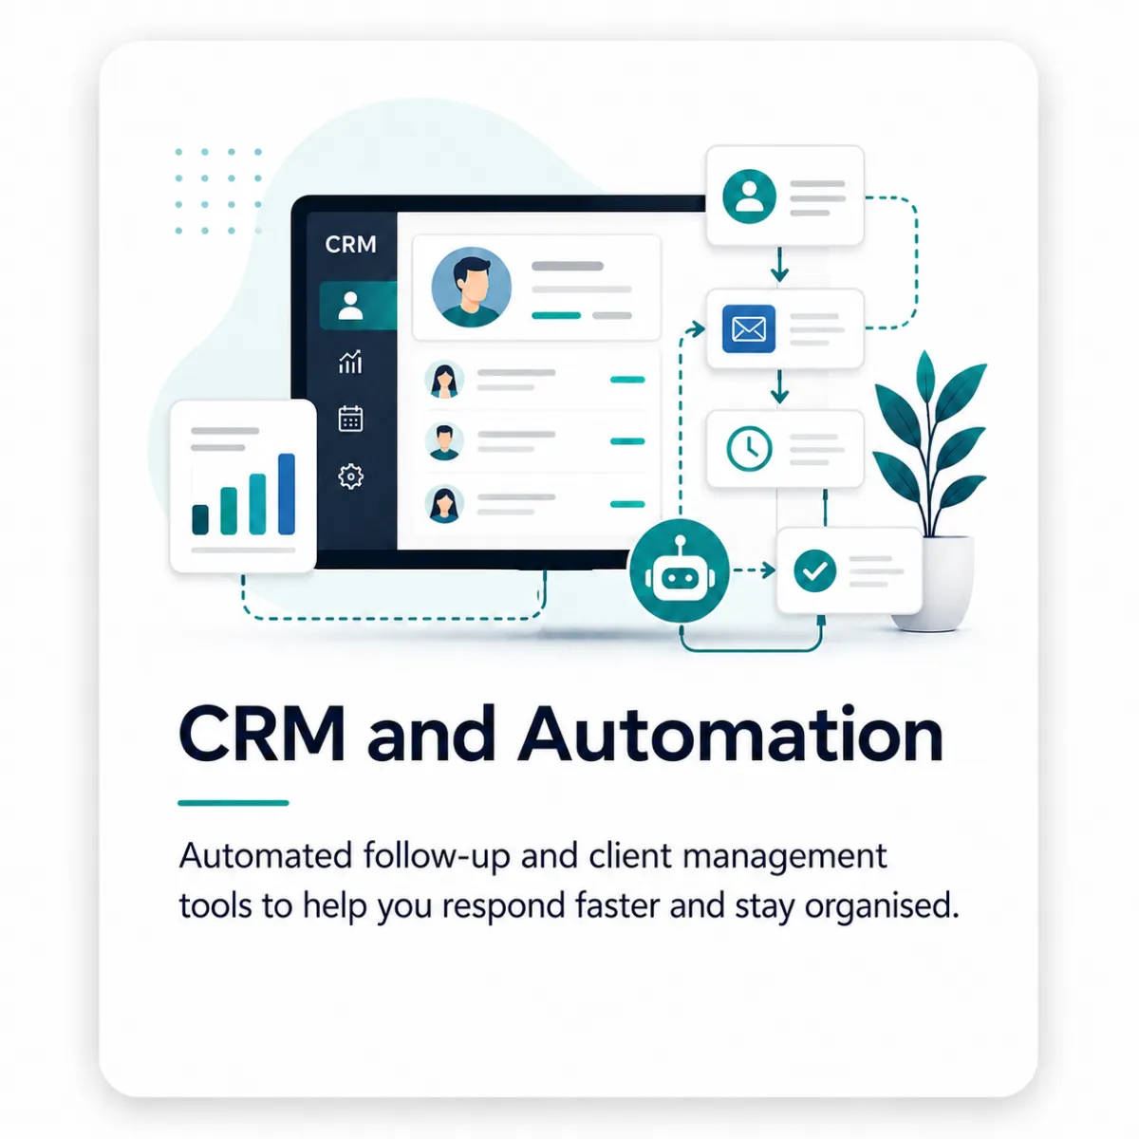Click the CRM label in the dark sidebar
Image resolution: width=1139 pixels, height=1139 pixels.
pyautogui.click(x=350, y=244)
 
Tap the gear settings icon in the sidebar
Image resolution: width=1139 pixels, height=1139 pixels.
pyautogui.click(x=350, y=476)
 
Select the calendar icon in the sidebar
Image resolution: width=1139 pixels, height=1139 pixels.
pyautogui.click(x=350, y=419)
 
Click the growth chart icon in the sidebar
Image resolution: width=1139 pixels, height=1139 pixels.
pyautogui.click(x=350, y=361)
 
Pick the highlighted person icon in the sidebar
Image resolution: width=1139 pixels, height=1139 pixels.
pyautogui.click(x=350, y=306)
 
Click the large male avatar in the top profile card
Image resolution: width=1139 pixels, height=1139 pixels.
pyautogui.click(x=471, y=288)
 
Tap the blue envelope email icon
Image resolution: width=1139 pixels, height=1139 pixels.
pyautogui.click(x=749, y=328)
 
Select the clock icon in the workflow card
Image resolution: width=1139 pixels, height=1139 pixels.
pyautogui.click(x=749, y=449)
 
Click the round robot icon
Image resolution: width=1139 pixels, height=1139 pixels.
pyautogui.click(x=680, y=570)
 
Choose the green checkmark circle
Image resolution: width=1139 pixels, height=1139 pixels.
pyautogui.click(x=814, y=570)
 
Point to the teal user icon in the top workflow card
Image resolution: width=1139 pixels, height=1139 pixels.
pyautogui.click(x=750, y=196)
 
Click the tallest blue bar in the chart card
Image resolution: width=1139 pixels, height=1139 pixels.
pyautogui.click(x=287, y=494)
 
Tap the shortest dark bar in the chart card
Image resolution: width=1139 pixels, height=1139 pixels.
pyautogui.click(x=200, y=519)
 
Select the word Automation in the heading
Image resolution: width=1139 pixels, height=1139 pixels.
pyautogui.click(x=730, y=734)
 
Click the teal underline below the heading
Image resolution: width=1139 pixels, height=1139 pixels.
pyautogui.click(x=233, y=803)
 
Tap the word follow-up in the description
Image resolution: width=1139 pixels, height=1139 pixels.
pyautogui.click(x=437, y=856)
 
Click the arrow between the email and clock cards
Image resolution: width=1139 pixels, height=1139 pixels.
pyautogui.click(x=779, y=387)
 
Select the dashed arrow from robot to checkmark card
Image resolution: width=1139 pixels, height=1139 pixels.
pyautogui.click(x=754, y=570)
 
